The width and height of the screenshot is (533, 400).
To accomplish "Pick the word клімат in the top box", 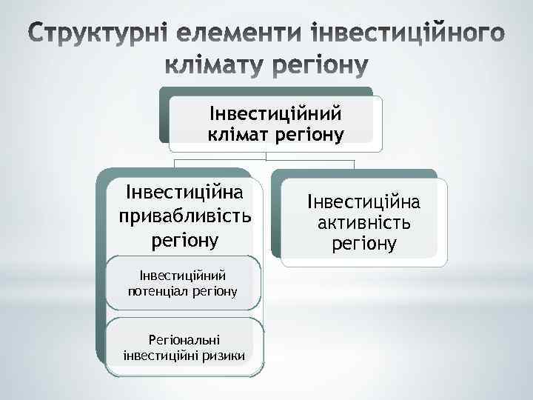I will [239, 135].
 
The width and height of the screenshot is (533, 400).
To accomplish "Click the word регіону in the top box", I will [309, 135].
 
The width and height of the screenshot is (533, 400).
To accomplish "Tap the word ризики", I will [227, 356].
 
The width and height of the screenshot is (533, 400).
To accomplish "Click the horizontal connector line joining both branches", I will [222, 160].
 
